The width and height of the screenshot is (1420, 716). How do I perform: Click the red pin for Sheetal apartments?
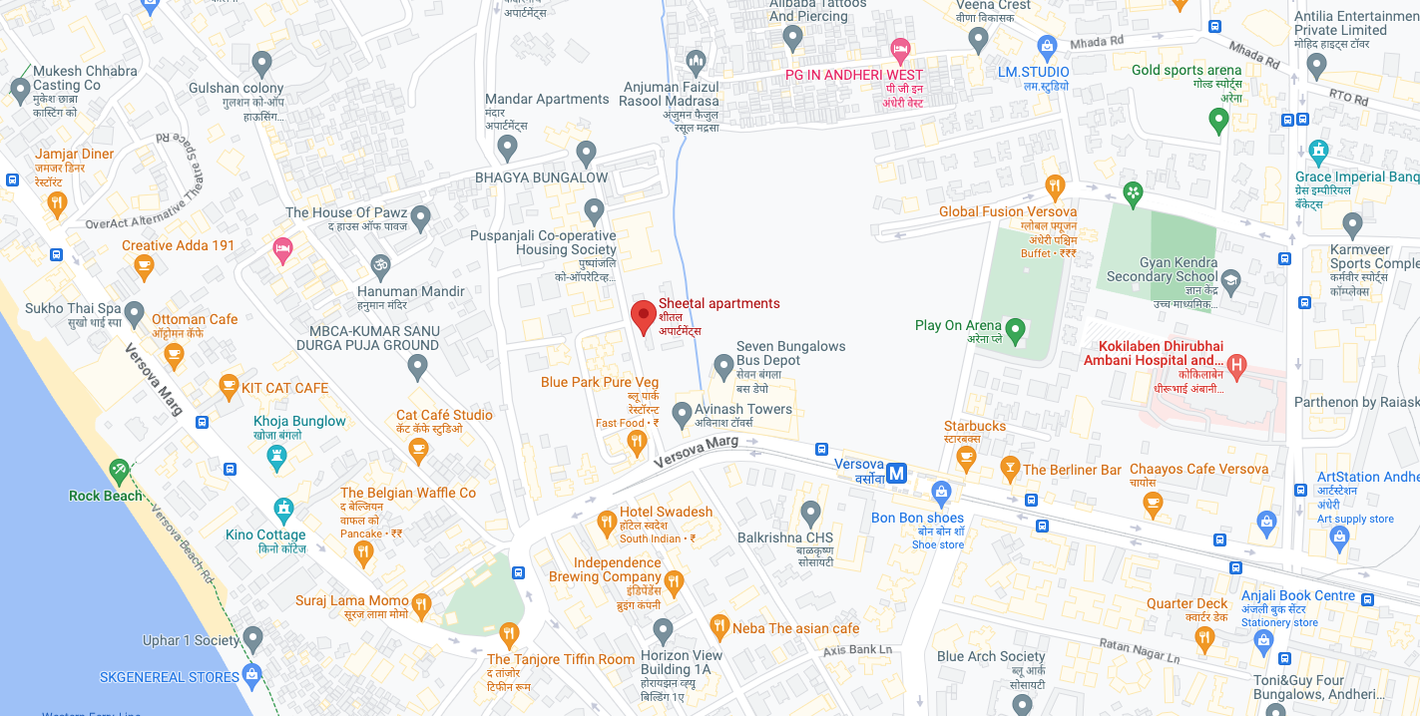644,315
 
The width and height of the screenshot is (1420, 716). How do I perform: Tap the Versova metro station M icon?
897,474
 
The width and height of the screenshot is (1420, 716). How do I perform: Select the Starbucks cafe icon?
965,457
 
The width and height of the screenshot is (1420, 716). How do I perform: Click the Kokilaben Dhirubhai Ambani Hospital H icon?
1237,366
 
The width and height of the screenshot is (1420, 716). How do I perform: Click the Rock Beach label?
106,496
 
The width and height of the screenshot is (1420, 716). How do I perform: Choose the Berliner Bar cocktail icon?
1010,469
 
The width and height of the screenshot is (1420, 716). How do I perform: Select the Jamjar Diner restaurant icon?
57,204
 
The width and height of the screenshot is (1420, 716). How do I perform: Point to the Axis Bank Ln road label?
857,650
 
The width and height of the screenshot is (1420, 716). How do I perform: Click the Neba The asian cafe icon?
719,627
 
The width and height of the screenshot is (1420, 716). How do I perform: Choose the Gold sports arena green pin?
1217,121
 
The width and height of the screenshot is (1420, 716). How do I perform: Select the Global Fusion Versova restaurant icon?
1055,186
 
